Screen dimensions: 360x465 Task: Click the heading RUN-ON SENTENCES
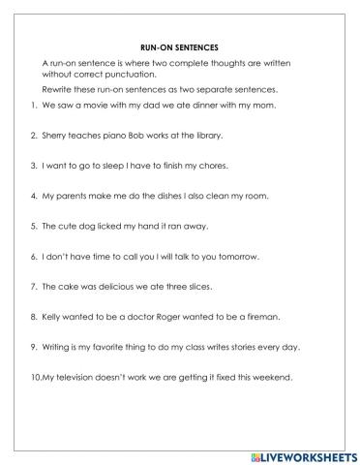(179, 45)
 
